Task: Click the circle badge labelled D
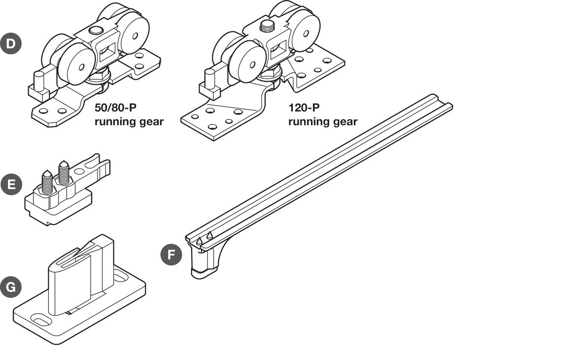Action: (11, 43)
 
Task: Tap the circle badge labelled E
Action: (11, 185)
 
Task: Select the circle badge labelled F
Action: (171, 255)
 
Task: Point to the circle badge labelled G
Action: (11, 287)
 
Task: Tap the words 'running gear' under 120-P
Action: (323, 121)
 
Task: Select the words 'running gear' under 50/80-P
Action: (129, 121)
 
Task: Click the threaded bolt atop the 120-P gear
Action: (267, 26)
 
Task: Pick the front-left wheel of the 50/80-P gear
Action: (76, 64)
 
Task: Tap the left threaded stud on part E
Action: (47, 182)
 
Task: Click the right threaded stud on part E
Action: (64, 173)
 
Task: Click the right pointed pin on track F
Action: (210, 236)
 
